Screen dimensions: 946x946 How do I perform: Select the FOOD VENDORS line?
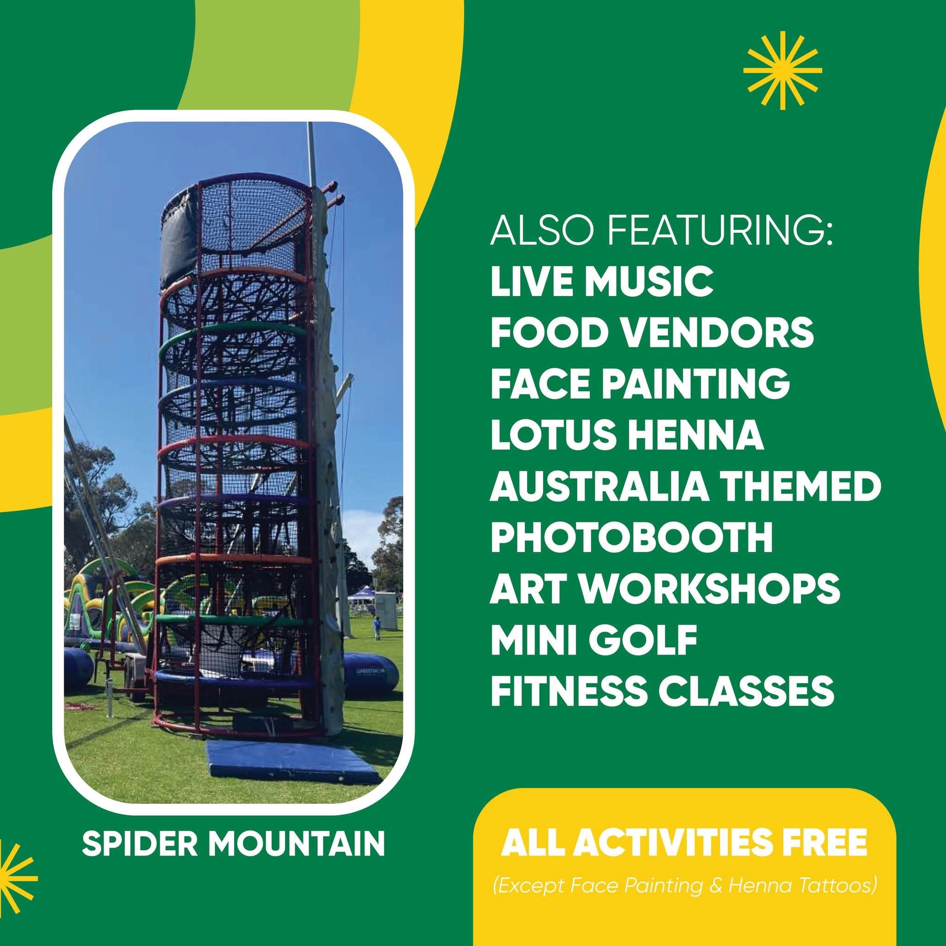click(x=652, y=332)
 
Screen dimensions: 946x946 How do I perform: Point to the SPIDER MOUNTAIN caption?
click(x=233, y=843)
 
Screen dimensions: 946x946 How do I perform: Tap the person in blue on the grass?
click(x=376, y=628)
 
